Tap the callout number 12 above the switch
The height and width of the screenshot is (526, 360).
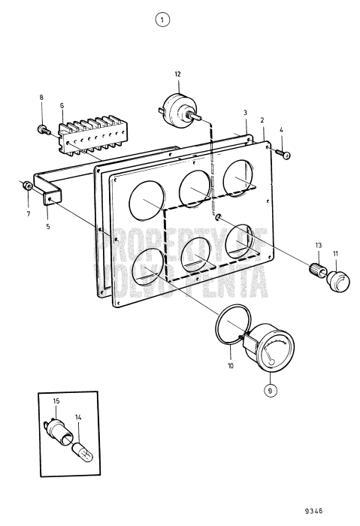(x=178, y=74)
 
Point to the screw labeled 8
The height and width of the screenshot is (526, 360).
(x=42, y=129)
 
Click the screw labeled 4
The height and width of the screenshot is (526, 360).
(x=285, y=155)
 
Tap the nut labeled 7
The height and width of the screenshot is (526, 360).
(x=26, y=186)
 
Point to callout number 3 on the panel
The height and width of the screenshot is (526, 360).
(x=244, y=112)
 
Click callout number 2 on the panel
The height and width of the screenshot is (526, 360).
(x=262, y=119)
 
